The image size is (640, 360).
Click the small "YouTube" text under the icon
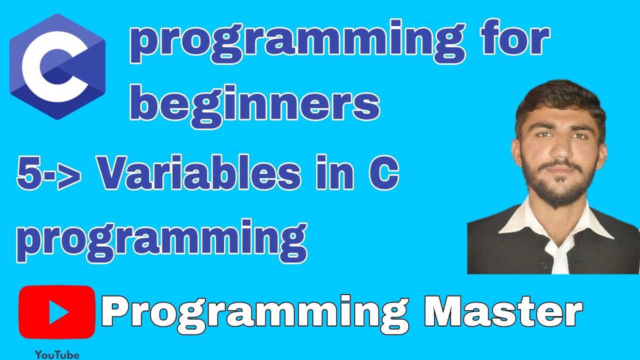tap(57, 354)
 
